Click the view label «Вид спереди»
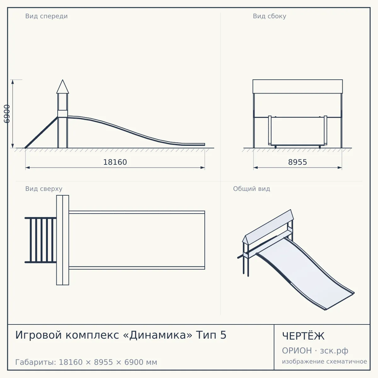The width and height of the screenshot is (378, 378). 46,16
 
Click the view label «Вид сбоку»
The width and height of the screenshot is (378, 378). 269,16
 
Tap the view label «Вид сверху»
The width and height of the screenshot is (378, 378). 44,189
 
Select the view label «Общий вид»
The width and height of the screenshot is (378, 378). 251,189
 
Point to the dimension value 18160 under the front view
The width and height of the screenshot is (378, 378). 115,162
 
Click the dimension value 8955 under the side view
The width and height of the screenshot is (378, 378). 297,162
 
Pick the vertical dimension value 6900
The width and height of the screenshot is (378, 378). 7,114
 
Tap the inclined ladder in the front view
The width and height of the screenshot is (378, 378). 41,132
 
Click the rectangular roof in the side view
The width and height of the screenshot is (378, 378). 298,87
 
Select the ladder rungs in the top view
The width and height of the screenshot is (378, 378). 42,240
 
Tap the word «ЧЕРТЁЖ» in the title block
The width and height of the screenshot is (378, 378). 303,336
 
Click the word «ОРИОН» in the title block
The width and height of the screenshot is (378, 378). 297,351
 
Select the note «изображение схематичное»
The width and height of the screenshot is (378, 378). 324,361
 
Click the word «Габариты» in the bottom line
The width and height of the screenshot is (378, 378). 35,362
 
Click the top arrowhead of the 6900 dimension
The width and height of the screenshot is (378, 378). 13,82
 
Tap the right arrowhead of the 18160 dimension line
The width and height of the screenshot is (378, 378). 203,168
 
